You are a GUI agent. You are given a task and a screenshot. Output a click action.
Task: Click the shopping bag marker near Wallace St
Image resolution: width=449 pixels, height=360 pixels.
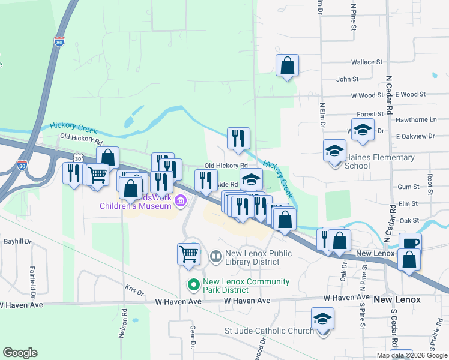[288, 65]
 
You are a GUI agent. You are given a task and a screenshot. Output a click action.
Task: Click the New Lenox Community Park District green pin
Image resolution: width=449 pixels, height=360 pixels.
[193, 284]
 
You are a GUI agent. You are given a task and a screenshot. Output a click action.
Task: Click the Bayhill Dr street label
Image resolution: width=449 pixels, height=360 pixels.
[17, 241]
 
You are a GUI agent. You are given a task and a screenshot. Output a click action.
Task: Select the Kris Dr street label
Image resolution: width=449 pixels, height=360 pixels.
[134, 292]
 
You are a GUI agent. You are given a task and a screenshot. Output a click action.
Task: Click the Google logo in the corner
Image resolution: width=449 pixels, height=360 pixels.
[20, 353]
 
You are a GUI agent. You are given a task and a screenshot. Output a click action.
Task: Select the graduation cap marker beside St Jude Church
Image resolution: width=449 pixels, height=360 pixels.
[322, 318]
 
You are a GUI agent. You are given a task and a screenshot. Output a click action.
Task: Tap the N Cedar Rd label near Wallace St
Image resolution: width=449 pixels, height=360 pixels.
[390, 95]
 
